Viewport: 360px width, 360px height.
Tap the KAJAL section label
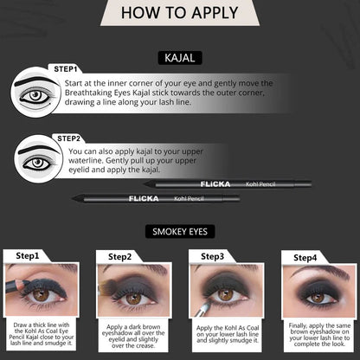click(x=179, y=57)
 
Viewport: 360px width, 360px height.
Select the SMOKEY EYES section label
click(x=179, y=231)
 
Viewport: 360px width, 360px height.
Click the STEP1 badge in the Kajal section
click(x=65, y=68)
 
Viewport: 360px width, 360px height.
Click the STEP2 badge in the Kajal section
click(x=68, y=138)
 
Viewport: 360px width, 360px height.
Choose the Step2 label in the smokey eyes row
click(x=120, y=256)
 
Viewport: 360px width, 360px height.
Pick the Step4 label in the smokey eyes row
click(x=305, y=257)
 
